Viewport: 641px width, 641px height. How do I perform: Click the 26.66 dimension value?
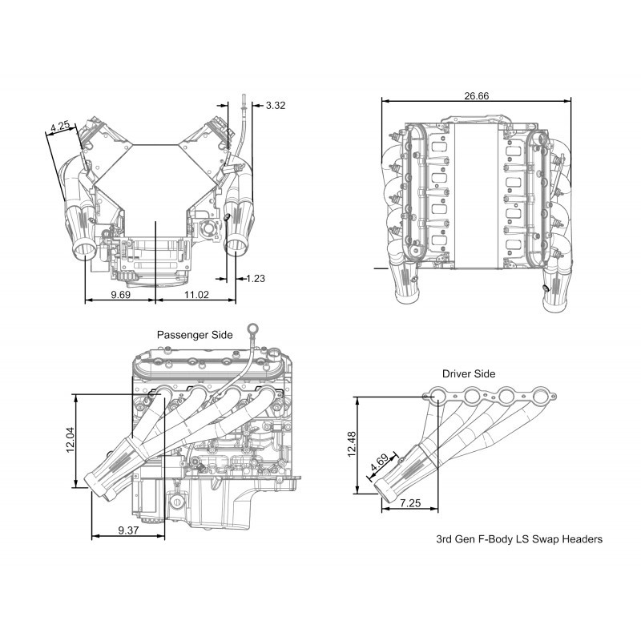[476, 95]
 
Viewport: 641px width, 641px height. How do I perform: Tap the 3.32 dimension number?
[276, 106]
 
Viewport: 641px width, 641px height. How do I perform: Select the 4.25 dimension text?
[60, 126]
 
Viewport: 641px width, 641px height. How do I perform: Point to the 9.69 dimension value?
[121, 294]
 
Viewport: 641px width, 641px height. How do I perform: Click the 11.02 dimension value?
[196, 294]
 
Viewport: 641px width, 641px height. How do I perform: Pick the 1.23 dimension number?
[256, 278]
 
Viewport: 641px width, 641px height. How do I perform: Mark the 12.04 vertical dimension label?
[71, 440]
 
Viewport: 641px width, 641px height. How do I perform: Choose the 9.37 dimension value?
[128, 530]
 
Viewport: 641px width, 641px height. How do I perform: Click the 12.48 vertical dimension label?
[351, 445]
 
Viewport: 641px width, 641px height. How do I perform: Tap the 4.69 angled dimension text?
[379, 463]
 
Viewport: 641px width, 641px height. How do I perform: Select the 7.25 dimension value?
[410, 503]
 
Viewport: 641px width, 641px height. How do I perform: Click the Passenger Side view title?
[195, 335]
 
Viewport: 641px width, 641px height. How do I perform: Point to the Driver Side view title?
[469, 373]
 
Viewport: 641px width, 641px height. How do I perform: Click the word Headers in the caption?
[583, 539]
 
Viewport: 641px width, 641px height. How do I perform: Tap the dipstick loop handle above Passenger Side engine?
[252, 328]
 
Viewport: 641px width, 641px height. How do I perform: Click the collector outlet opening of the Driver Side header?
[383, 490]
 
